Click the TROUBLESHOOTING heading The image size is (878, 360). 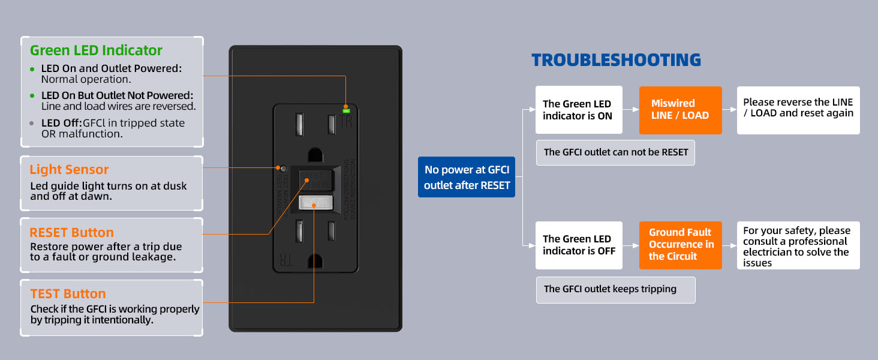point(616,60)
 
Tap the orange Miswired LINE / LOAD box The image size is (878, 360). point(680,110)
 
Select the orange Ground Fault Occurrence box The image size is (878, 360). point(680,245)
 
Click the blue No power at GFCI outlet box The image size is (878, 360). point(467,178)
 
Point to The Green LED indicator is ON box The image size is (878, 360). point(578,110)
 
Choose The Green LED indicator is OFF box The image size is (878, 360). point(578,245)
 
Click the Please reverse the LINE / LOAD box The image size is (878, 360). point(798,108)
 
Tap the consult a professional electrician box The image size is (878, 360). point(798,246)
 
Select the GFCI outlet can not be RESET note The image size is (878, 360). point(615,152)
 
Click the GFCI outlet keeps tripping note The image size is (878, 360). point(615,289)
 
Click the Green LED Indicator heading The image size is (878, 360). point(96,50)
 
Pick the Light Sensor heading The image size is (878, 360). point(69,170)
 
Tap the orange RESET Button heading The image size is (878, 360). point(71,233)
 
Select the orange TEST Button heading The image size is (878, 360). point(68,294)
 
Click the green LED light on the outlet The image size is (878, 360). point(346,110)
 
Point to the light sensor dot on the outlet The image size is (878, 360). point(280,168)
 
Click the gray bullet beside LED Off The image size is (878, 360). point(32,123)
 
